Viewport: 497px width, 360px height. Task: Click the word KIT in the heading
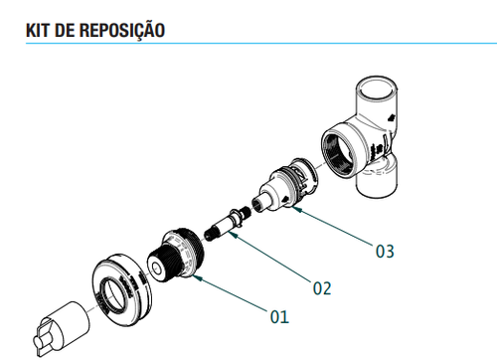38,30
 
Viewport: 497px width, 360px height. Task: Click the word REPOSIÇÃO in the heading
122,30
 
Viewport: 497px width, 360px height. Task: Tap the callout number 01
279,316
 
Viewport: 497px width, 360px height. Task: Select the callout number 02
322,288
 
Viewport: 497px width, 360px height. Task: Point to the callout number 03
385,251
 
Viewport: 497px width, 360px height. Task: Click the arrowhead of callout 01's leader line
196,277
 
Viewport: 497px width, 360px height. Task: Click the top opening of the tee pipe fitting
378,88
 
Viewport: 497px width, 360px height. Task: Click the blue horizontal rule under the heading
261,43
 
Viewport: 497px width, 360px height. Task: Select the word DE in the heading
65,30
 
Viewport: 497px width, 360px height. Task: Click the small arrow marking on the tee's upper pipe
392,118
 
